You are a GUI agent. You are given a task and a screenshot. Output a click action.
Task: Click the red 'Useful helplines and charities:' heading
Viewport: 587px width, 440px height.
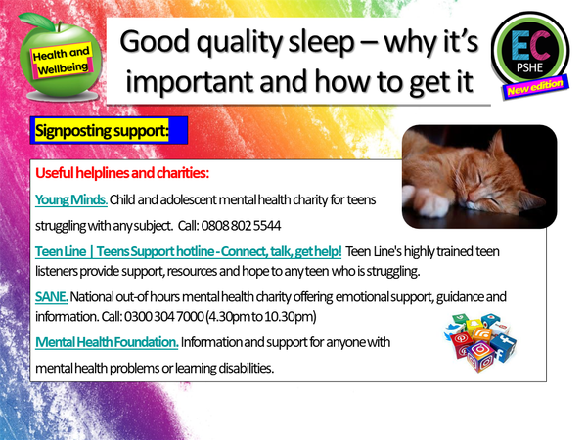(122, 174)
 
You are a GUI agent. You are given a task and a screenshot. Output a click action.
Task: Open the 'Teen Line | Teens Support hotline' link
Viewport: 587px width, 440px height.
(188, 251)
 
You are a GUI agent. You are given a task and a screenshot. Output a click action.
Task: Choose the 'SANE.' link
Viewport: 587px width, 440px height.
(51, 295)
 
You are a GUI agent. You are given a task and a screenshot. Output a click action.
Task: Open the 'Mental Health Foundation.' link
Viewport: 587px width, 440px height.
(107, 342)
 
